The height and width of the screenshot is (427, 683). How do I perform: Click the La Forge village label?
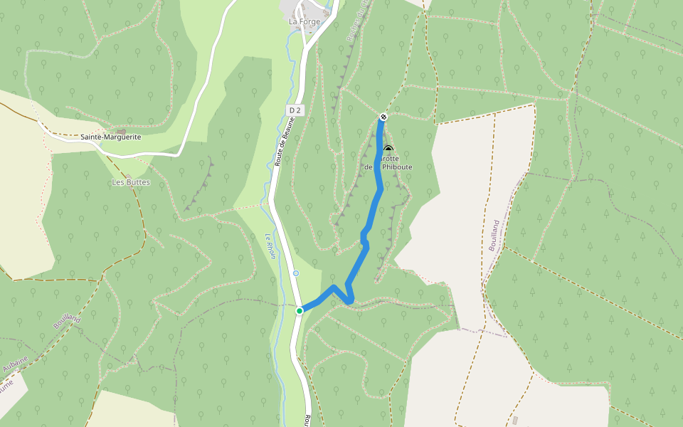(x=304, y=21)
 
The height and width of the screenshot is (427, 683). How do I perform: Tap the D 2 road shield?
(x=295, y=110)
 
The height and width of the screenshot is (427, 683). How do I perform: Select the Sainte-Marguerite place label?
(x=110, y=137)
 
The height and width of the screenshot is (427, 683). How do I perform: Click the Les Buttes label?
(x=131, y=182)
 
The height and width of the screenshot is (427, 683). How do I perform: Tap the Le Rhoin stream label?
(x=271, y=246)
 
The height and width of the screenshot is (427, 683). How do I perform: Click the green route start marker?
(x=300, y=310)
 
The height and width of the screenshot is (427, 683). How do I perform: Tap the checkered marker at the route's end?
(x=383, y=117)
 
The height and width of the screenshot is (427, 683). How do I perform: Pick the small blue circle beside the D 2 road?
(x=296, y=273)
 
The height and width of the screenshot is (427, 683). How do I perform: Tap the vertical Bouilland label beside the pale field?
(x=494, y=234)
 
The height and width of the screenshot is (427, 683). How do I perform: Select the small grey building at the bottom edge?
(x=515, y=420)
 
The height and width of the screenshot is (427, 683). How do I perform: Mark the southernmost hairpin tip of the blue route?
(x=349, y=302)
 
